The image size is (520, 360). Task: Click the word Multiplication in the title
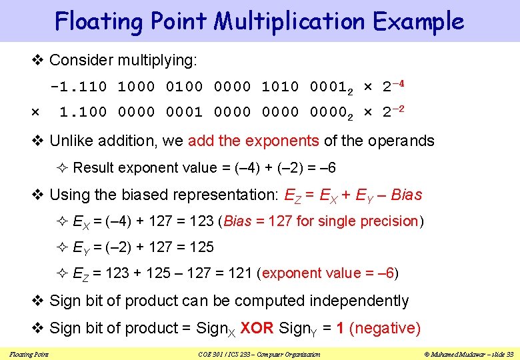[x=289, y=21]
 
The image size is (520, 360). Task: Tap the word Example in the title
[x=418, y=21]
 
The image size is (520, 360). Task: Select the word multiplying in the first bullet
[x=157, y=60]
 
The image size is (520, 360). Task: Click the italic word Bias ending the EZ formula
[x=407, y=195]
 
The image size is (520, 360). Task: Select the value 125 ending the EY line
[x=201, y=247]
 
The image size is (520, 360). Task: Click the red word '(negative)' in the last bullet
[x=385, y=328]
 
